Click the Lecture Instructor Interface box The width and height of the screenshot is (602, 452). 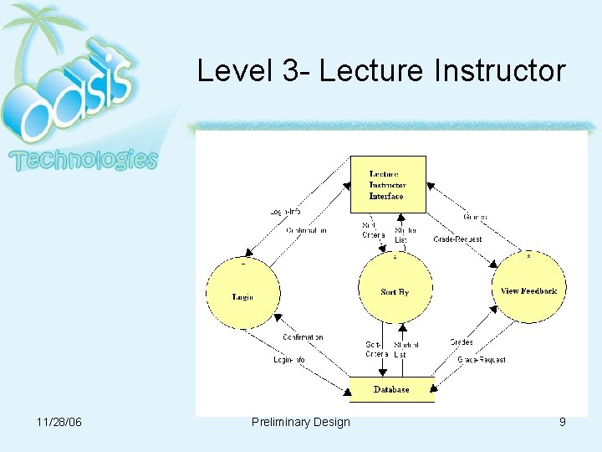pos(387,184)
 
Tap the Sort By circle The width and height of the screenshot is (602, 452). pos(395,292)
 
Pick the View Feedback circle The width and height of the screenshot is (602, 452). pos(528,290)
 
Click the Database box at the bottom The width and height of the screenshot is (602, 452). pos(391,389)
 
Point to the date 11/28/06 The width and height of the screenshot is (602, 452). pos(59,422)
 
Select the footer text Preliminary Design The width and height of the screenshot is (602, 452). pos(300,422)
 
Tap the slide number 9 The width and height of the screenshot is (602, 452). pos(563,422)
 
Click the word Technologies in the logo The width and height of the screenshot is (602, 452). pos(83,160)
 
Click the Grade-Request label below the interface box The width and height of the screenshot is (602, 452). pos(457,239)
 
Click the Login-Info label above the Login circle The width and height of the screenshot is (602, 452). pos(287,213)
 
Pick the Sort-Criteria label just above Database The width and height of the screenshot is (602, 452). pos(376,349)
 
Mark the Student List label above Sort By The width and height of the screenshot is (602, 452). pos(406,234)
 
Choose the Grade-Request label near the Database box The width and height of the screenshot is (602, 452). pos(482,360)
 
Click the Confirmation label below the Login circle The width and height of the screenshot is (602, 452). pos(303,337)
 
